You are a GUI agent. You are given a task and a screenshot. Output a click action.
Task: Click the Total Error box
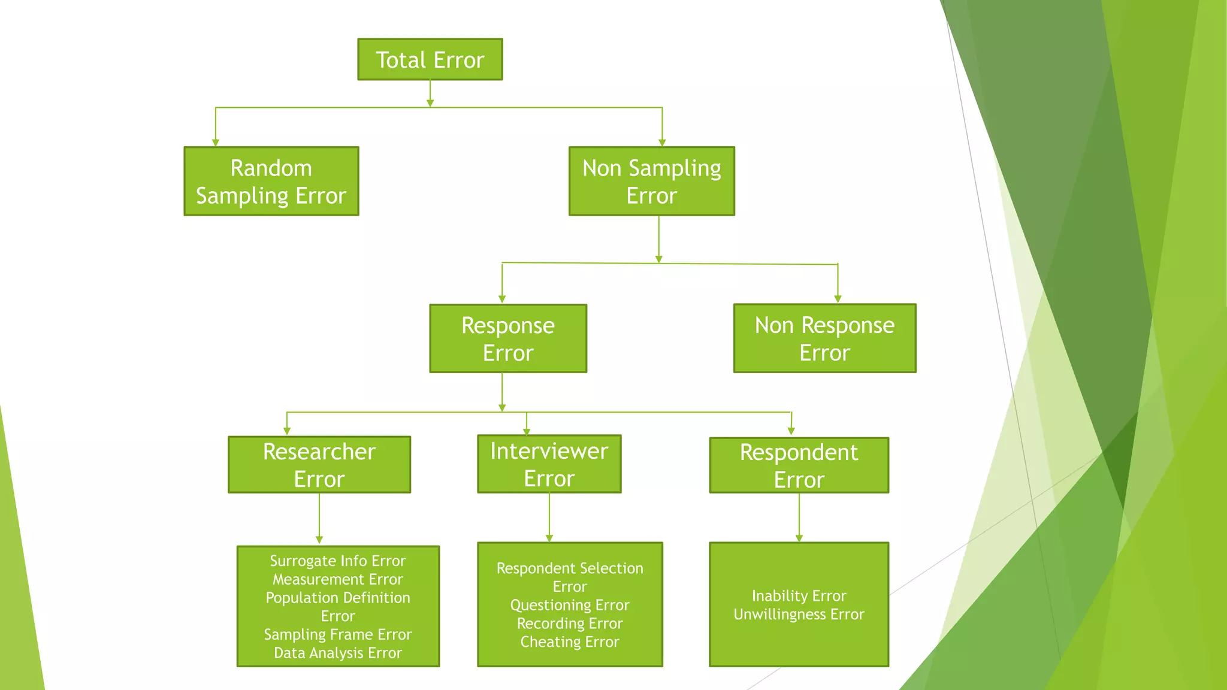click(430, 60)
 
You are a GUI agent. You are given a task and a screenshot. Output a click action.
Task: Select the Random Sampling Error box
click(271, 181)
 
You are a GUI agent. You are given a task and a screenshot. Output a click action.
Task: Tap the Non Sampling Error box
click(651, 181)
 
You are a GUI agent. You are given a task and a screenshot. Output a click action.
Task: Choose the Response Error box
click(508, 339)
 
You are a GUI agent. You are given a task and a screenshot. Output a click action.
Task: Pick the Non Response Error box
click(824, 339)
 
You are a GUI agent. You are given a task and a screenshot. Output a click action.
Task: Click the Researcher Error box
click(319, 465)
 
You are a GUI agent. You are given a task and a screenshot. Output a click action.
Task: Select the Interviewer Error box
click(549, 464)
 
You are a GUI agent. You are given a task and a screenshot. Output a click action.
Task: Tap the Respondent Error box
click(799, 465)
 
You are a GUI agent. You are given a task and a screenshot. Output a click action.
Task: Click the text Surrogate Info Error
click(338, 561)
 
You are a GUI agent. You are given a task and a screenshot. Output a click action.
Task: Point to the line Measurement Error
click(338, 580)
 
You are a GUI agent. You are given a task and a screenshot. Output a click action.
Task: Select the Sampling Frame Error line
click(338, 635)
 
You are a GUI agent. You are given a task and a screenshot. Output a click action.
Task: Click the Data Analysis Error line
click(338, 653)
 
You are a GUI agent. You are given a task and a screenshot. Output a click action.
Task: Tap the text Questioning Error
click(570, 606)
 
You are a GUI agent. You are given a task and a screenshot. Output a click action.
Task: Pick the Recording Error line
click(570, 624)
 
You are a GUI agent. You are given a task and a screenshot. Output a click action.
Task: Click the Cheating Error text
click(570, 642)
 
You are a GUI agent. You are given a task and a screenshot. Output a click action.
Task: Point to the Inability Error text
click(799, 596)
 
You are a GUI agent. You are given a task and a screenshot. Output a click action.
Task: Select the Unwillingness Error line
click(799, 615)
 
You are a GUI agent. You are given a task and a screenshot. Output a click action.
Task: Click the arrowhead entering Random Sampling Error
click(216, 143)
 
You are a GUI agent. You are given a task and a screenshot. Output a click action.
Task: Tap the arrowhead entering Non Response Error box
click(838, 299)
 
